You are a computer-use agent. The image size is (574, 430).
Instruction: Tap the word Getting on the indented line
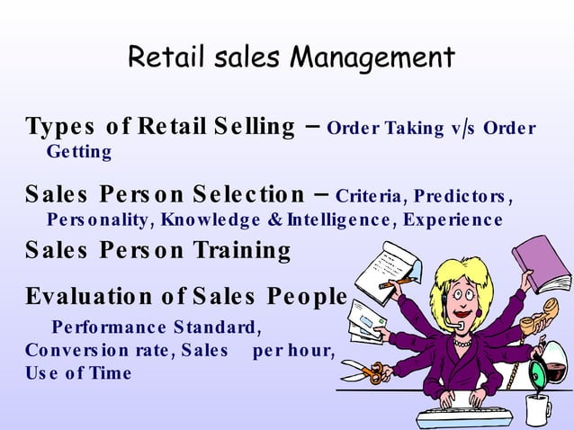click(79, 152)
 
